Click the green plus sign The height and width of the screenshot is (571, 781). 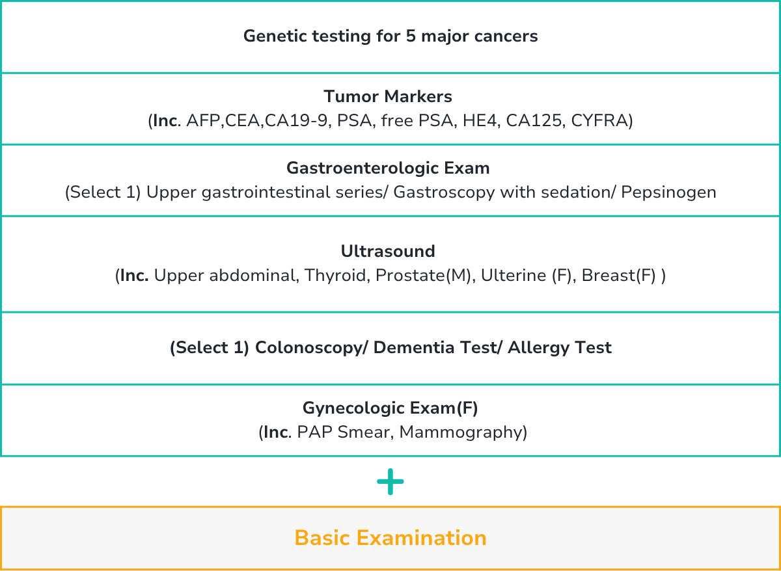coord(390,482)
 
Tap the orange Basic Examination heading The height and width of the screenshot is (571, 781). coord(390,538)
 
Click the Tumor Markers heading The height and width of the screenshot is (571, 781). coord(388,96)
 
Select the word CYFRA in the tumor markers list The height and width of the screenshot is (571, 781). coord(599,120)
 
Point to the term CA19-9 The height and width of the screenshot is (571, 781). coord(296,120)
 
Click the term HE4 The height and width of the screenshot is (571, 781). coord(480,120)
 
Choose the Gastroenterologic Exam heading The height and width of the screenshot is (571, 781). coord(388,168)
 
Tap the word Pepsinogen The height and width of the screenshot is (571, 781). coord(668,193)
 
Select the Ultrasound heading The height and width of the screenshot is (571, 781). coord(388,251)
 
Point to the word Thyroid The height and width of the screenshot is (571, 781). coord(335,276)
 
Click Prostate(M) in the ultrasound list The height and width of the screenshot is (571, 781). coord(423,276)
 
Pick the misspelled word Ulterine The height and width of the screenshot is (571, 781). coord(514,276)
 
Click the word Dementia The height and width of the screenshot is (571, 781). coord(413,347)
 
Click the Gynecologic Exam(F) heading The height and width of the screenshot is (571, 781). coord(390,408)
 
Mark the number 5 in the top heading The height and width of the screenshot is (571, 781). coord(411,36)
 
